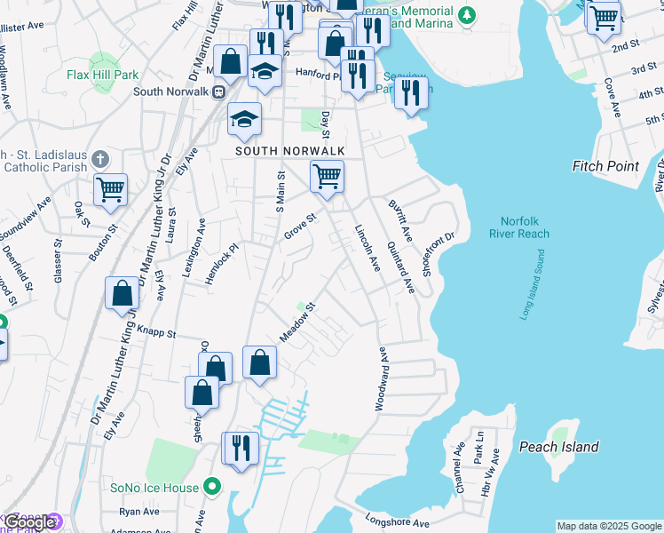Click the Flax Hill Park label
coord(104,75)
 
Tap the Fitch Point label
coord(605,166)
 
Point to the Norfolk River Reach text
coord(519,227)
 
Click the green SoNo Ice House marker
coord(211,486)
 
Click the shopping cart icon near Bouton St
coord(110,189)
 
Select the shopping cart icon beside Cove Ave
coord(604,17)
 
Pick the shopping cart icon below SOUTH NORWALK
coord(327,177)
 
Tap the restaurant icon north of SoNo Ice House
coord(239,449)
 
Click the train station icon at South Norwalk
coord(217,91)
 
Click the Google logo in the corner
coord(30,522)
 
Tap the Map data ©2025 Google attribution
coord(609,526)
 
